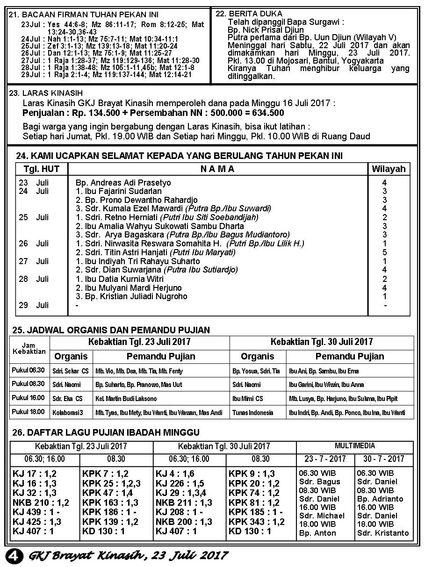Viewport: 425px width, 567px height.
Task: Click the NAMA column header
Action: [x=218, y=169]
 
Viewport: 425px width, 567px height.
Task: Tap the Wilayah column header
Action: [x=389, y=169]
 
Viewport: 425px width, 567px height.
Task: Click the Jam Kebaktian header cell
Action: [x=29, y=349]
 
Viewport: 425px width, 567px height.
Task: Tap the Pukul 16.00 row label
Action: [x=28, y=398]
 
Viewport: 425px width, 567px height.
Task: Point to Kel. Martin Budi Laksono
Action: [x=126, y=399]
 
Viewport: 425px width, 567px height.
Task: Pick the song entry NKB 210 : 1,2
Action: [x=41, y=502]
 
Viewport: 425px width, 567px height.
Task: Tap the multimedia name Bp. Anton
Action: [x=317, y=533]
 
